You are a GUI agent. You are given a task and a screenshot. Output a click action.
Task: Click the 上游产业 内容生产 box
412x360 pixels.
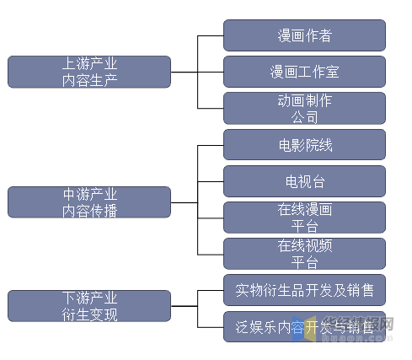click(89, 72)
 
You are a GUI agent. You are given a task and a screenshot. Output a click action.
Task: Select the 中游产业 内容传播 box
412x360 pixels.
click(89, 202)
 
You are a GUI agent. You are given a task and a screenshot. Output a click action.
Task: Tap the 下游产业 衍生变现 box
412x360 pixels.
click(89, 306)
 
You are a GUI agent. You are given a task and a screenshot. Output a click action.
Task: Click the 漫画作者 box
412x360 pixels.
click(304, 35)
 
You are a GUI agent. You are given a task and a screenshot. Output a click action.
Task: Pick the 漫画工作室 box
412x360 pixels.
click(304, 72)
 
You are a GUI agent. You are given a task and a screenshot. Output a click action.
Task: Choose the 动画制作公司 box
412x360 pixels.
click(304, 108)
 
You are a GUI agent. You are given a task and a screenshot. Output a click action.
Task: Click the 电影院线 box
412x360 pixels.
click(304, 145)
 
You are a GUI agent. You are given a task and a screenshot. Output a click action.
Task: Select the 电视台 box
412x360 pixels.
click(304, 181)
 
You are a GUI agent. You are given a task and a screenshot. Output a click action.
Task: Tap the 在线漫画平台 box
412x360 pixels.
click(304, 218)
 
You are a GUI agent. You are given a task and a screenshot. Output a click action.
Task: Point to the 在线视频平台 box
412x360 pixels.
click(304, 254)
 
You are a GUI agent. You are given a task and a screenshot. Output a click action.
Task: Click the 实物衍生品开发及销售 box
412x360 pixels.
click(304, 290)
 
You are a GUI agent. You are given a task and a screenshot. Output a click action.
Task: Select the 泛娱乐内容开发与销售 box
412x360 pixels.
click(304, 326)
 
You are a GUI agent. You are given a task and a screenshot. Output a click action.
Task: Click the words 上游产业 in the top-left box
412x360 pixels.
click(89, 63)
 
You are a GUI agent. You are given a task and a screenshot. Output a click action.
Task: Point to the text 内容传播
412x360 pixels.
click(89, 211)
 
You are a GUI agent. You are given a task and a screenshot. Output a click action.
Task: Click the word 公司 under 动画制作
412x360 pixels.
click(304, 116)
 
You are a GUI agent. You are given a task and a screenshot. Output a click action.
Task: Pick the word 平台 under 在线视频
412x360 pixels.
click(304, 262)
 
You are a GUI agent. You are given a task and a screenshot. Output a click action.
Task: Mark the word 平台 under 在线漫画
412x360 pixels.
click(304, 226)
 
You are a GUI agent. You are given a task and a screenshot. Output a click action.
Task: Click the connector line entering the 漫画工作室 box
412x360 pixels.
click(210, 72)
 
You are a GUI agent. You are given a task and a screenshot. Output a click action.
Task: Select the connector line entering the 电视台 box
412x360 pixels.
click(210, 181)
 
